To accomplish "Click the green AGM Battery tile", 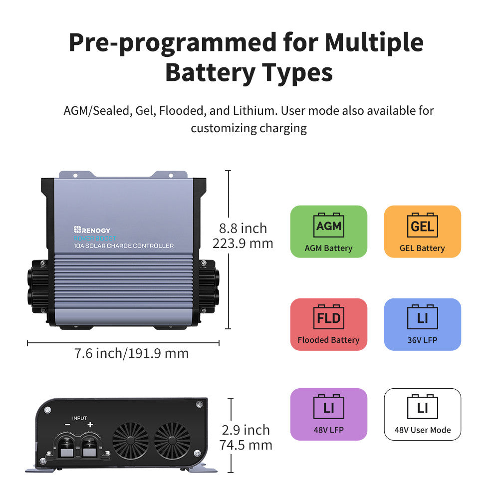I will pos(328,232).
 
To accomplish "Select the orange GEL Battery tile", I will pos(422,232).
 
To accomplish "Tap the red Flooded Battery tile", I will pos(328,324).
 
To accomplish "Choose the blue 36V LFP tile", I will pos(422,324).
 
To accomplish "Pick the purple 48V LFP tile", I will pos(328,414).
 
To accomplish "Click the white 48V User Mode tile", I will pos(422,414).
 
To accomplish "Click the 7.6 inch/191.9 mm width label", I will pos(131,353).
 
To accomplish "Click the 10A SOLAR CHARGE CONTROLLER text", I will pos(123,246).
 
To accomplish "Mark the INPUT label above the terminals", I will pos(79,418).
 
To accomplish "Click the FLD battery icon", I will pos(328,318).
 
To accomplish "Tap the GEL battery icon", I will pos(422,226).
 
